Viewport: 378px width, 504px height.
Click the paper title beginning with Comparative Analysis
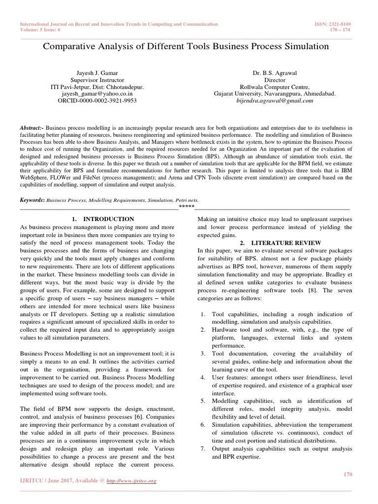186,47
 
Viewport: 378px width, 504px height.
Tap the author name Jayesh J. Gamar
97,73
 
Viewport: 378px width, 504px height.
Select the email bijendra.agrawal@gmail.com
275,100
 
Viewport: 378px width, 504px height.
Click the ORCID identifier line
97,100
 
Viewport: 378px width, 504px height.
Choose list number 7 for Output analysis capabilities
203,449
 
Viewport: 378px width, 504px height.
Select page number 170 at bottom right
347,473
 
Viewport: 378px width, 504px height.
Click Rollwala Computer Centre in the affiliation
275,87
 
